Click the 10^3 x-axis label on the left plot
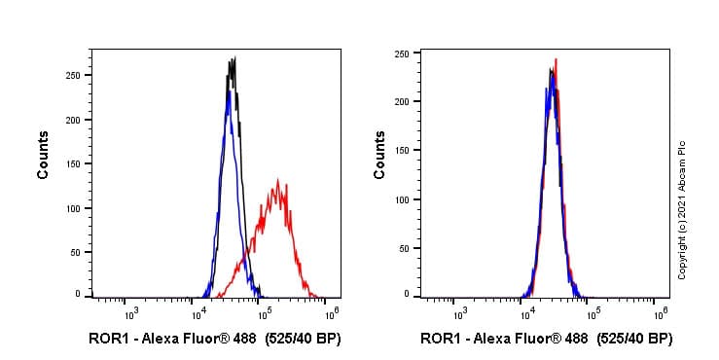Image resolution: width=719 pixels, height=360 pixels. [130, 311]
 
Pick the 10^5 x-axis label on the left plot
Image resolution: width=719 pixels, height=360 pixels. [264, 311]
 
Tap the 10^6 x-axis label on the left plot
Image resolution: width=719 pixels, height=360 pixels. [331, 311]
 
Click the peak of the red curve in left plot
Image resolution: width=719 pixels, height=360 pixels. [278, 180]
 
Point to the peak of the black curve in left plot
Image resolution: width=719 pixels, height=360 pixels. [234, 58]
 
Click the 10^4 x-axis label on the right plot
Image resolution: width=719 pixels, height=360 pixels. [526, 311]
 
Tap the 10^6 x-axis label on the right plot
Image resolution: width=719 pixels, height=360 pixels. [661, 311]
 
